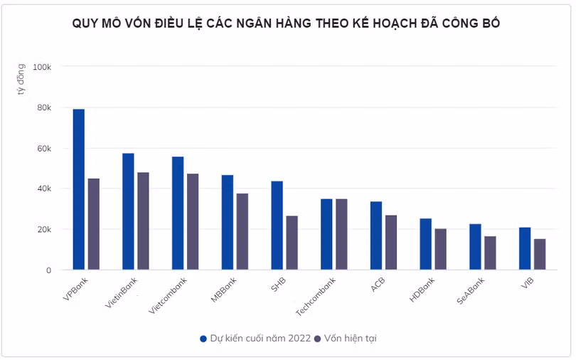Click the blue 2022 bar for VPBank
coord(78,189)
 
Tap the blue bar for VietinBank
coord(128,211)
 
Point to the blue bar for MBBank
coord(227,222)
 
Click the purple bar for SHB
coord(292,243)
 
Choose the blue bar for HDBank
coord(425,244)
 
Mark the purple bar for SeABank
coord(490,253)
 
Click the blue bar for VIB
coord(524,248)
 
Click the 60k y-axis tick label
coord(43,149)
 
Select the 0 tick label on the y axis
coord(48,270)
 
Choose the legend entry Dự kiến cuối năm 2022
coord(255,338)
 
